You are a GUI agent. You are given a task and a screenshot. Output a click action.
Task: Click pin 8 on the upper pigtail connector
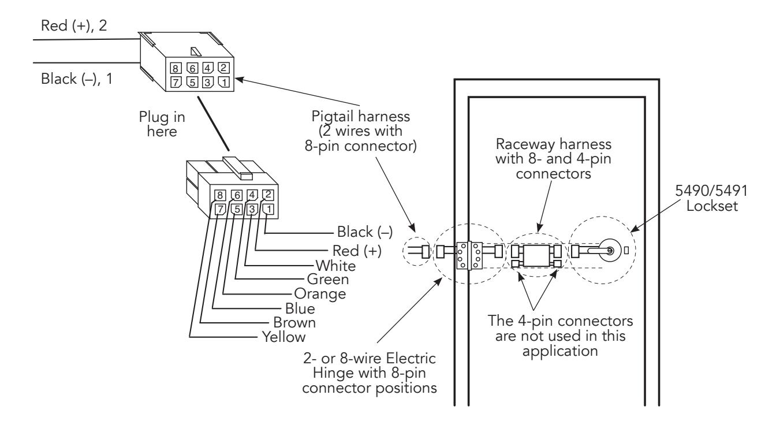coord(176,68)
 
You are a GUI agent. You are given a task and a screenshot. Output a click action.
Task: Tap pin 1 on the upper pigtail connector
coord(224,82)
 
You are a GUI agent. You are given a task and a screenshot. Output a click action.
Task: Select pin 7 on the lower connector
coord(221,209)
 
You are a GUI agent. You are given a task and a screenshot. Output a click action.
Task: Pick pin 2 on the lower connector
coord(268,195)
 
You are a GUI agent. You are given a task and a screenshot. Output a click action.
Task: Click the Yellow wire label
coord(283,337)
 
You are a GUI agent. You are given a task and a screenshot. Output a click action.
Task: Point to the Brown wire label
coord(294,322)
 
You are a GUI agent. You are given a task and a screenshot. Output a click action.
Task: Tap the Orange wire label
coord(320,294)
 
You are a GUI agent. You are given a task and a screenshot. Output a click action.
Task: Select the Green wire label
coord(328,279)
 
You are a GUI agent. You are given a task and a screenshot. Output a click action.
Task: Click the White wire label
coord(335,266)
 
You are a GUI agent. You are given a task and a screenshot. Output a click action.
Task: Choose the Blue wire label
coord(300,308)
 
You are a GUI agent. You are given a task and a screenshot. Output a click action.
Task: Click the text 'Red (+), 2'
coord(74,26)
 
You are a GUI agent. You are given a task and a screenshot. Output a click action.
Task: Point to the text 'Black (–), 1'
coord(77,79)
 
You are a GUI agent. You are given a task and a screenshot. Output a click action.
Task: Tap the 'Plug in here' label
coord(162,124)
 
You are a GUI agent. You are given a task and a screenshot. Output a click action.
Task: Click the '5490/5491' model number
coord(711,191)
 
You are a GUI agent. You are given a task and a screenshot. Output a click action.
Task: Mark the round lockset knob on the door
coord(610,250)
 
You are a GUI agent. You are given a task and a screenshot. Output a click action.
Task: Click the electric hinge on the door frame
coord(469,255)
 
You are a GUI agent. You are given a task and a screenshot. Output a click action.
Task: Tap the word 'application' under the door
coord(560,351)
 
